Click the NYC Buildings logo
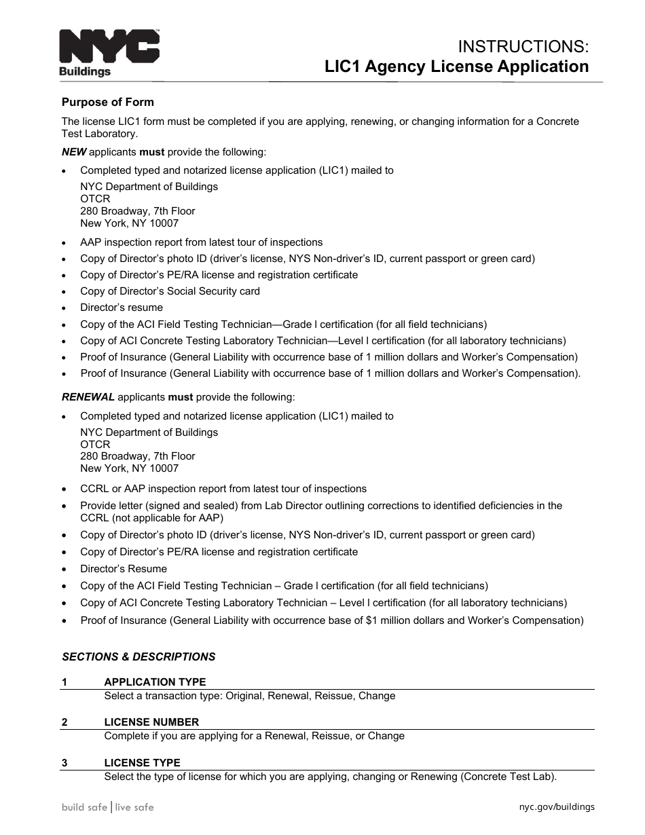click(109, 52)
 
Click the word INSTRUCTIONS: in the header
click(523, 46)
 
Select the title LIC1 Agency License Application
click(456, 67)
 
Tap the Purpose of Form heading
click(107, 103)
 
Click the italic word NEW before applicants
click(74, 152)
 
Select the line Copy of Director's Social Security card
click(170, 291)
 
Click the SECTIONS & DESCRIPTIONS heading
click(139, 656)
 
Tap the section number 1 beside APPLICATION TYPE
click(64, 682)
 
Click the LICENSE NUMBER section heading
click(151, 722)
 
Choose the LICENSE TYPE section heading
click(142, 762)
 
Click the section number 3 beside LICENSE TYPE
click(64, 762)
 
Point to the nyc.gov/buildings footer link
click(556, 807)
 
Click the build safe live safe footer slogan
click(107, 807)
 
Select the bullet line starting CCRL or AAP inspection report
click(223, 489)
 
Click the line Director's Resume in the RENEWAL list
click(123, 569)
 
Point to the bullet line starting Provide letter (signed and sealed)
click(320, 506)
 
